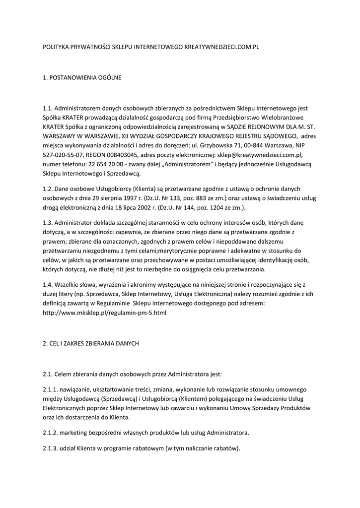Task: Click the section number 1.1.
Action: point(48,108)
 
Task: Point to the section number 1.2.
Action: point(48,189)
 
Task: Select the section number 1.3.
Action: point(48,222)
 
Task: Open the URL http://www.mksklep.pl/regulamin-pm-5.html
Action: point(105,313)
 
